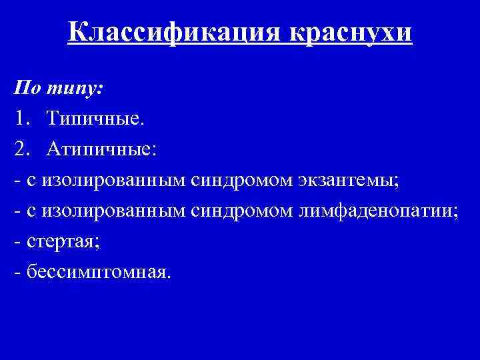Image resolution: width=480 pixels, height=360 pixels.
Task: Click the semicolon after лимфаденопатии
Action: click(x=456, y=213)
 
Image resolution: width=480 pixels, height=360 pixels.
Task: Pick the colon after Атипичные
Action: click(x=155, y=151)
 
